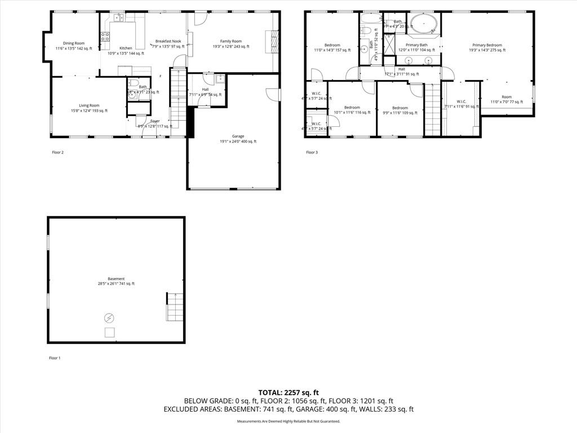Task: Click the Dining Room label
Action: coord(74,43)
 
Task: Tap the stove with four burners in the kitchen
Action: coord(105,38)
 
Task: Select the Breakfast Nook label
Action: coord(168,42)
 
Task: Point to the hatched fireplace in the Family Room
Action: coord(275,42)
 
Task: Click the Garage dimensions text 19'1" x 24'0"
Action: coord(238,142)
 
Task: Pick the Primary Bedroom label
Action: coord(487,45)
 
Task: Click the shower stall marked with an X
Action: coord(389,44)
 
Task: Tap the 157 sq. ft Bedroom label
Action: coord(332,45)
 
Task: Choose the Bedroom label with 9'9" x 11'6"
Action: coord(400,108)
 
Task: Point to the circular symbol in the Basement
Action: coord(109,318)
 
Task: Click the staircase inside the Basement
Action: coord(174,307)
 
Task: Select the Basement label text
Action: coord(117,279)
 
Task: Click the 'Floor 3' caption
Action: coord(312,152)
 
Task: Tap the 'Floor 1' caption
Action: coord(55,358)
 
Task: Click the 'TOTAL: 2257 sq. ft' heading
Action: coord(288,392)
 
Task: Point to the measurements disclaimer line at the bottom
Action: coord(288,421)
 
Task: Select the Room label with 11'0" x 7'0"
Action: coord(507,97)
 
